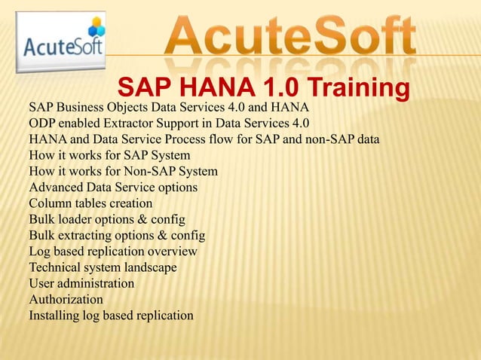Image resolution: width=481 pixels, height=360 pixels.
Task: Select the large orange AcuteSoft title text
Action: [290, 36]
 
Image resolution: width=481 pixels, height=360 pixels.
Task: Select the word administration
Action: [96, 283]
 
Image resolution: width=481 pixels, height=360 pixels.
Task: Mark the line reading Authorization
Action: [66, 299]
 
